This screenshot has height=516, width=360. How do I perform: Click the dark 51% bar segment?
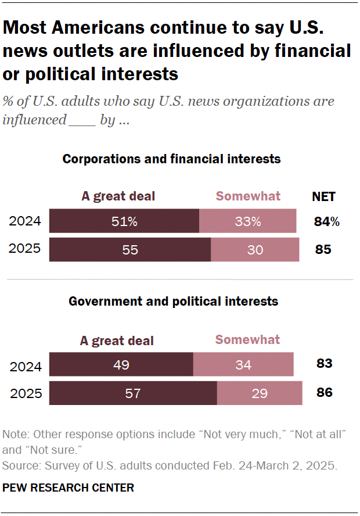pos(124,221)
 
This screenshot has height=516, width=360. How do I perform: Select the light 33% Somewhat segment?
pos(247,221)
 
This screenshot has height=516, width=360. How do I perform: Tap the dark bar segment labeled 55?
pos(130,249)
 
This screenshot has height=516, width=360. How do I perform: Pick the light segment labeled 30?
pos(255,249)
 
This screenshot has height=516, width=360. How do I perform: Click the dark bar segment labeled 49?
pos(121,364)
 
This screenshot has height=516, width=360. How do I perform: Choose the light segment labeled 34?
pos(243,364)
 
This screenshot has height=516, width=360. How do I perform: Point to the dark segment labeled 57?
pos(133,393)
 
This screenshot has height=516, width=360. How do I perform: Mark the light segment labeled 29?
pos(260,393)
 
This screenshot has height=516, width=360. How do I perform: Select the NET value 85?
pos(323,249)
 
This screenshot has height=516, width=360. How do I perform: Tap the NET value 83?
pos(324,364)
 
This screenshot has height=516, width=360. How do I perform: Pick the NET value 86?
pos(324,392)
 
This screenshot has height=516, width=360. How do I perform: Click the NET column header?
pos(323,196)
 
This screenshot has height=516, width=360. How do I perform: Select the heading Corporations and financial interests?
pos(171,159)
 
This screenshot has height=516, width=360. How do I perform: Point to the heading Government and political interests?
pos(173,302)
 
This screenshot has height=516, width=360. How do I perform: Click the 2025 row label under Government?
pos(26,393)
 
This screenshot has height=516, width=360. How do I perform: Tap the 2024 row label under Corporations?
pos(26,221)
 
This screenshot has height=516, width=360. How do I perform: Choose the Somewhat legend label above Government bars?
pos(247,339)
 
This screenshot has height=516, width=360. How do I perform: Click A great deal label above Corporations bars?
pos(118,196)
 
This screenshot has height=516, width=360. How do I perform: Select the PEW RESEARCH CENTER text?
pos(69,488)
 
